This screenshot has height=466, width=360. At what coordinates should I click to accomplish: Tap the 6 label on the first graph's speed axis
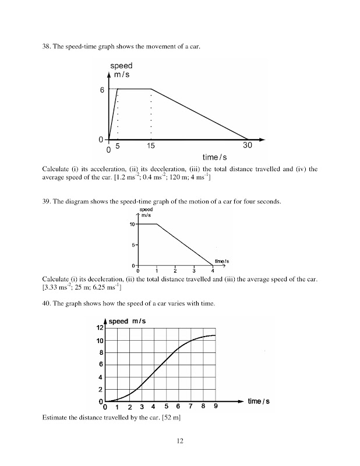point(102,90)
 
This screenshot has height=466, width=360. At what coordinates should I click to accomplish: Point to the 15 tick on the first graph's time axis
point(151,146)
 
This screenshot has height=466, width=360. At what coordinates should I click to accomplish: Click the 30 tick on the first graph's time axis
point(248,146)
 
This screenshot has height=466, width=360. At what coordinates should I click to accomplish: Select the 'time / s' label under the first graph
point(214,157)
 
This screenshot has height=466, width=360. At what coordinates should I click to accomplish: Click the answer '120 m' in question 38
point(174,177)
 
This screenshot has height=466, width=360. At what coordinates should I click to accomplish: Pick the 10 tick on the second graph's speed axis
point(133,224)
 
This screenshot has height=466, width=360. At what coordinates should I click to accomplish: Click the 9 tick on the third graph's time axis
point(216,407)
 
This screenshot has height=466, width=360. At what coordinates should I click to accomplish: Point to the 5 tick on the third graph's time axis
point(167,407)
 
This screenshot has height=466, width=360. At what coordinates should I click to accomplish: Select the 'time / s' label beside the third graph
point(259,401)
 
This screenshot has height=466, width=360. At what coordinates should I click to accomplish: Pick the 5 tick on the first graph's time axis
point(118,146)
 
